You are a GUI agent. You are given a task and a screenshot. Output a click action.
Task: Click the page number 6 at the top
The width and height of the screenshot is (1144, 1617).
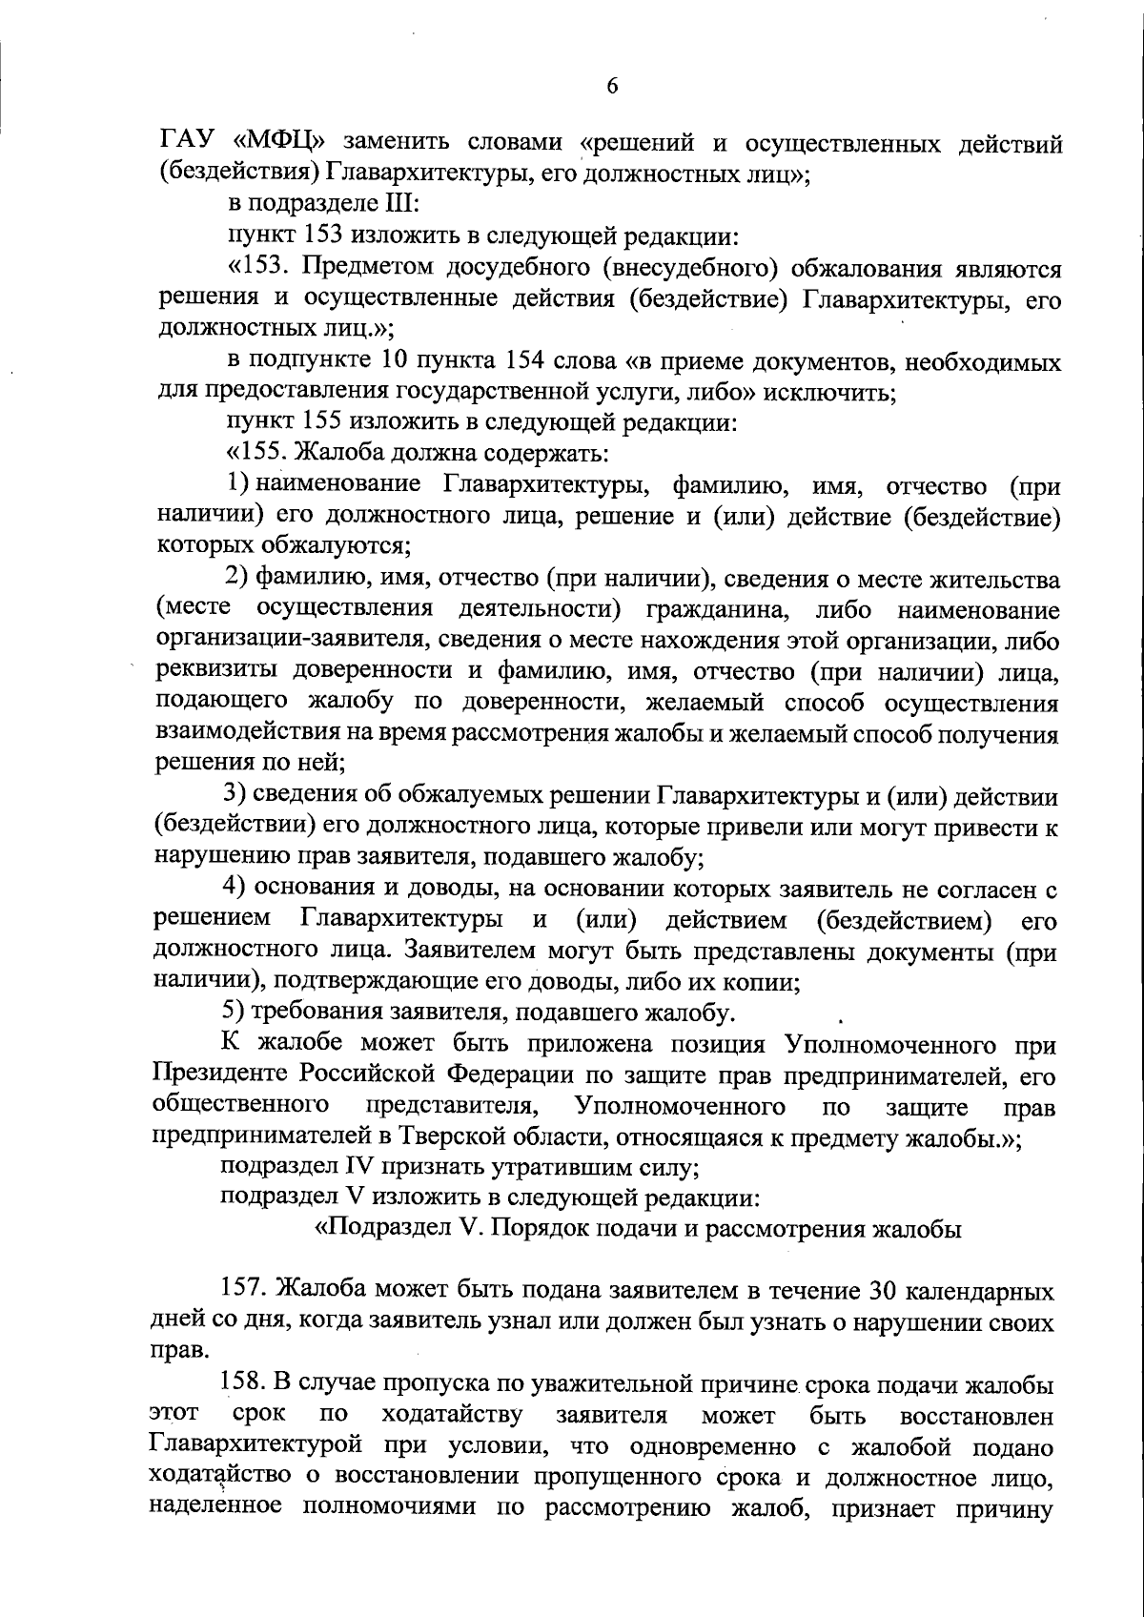click(x=612, y=87)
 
